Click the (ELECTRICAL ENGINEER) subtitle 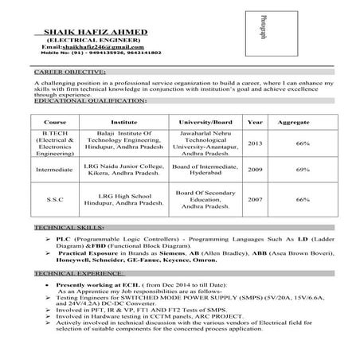click(88, 40)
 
